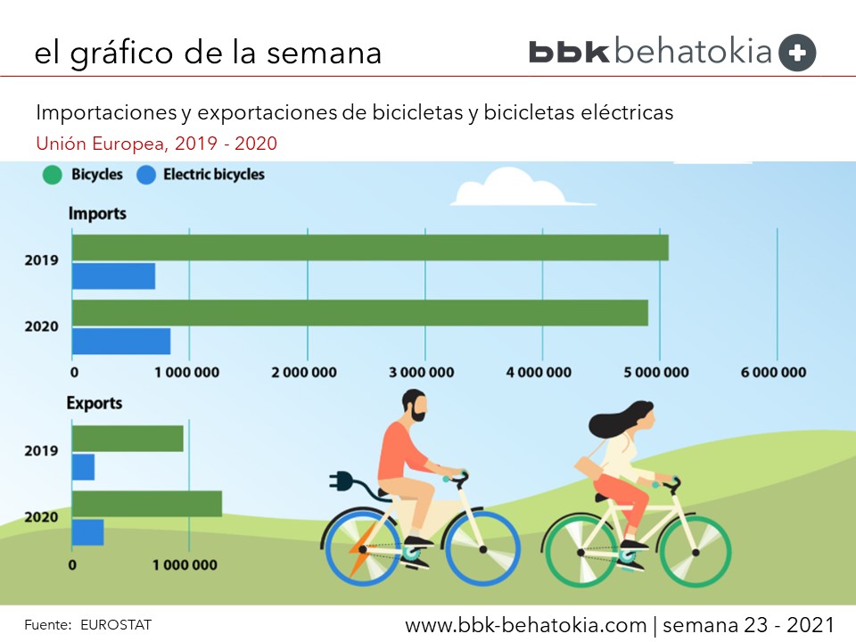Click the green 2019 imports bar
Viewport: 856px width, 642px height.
click(x=370, y=247)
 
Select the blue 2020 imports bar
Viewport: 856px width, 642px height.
click(x=121, y=342)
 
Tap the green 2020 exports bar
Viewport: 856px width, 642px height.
click(x=147, y=504)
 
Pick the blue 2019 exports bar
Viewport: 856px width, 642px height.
click(x=83, y=467)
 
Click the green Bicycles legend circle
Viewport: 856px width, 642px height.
click(x=53, y=175)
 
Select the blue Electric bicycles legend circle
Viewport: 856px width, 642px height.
click(x=146, y=175)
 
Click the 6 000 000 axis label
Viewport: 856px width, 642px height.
click(x=775, y=372)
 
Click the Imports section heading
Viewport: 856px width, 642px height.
click(x=97, y=214)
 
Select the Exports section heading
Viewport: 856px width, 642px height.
click(x=95, y=403)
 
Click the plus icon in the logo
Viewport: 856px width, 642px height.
click(x=797, y=53)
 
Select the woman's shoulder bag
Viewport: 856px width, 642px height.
click(x=588, y=467)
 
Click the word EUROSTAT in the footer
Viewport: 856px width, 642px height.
click(x=110, y=625)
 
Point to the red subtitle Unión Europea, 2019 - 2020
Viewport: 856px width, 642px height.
click(x=156, y=143)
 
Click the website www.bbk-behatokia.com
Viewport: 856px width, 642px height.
click(x=526, y=625)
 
